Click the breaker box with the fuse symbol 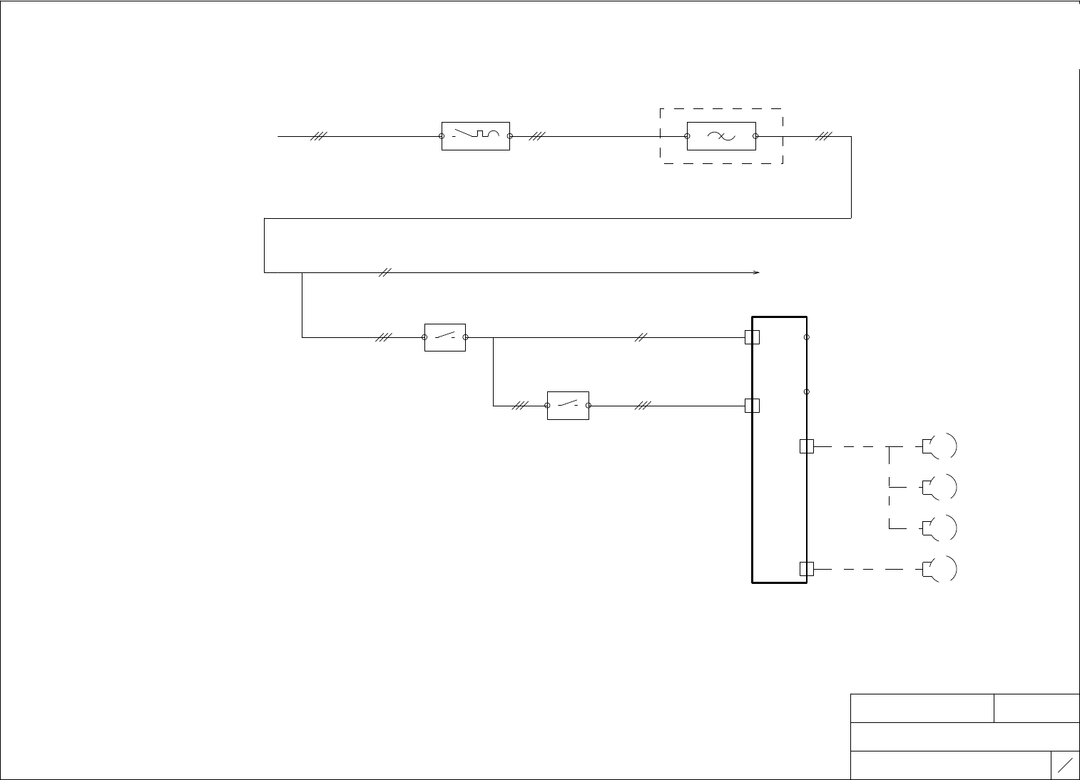pyautogui.click(x=476, y=135)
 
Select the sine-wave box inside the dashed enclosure pyautogui.click(x=721, y=136)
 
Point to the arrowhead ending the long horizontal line pyautogui.click(x=757, y=272)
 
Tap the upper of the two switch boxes pyautogui.click(x=445, y=337)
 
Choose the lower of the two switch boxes pyautogui.click(x=568, y=406)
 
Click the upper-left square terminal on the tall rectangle pyautogui.click(x=752, y=337)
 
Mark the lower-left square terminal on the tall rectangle pyautogui.click(x=752, y=406)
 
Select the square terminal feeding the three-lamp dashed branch pyautogui.click(x=806, y=446)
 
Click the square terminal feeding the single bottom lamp pyautogui.click(x=806, y=569)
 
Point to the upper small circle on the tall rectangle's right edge pyautogui.click(x=807, y=337)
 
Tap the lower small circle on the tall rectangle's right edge pyautogui.click(x=807, y=391)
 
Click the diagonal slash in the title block pyautogui.click(x=1065, y=765)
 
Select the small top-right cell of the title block pyautogui.click(x=1036, y=708)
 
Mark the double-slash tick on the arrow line pyautogui.click(x=384, y=272)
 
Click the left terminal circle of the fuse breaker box pyautogui.click(x=442, y=136)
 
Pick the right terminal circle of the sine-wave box pyautogui.click(x=755, y=136)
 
